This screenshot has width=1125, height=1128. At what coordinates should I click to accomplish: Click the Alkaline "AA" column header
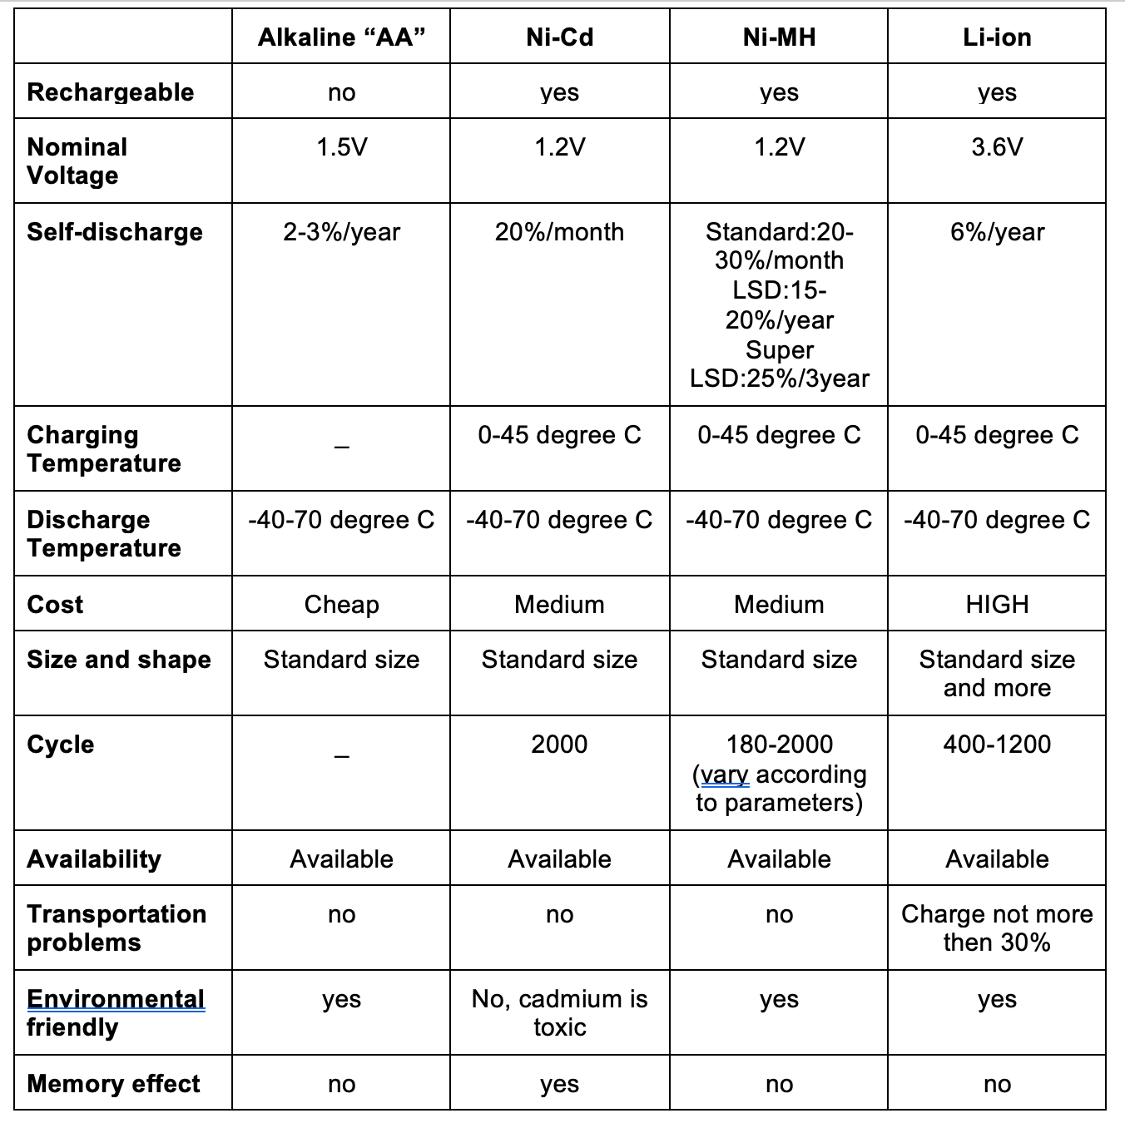pos(341,37)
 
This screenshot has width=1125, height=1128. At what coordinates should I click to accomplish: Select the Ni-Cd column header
pos(559,37)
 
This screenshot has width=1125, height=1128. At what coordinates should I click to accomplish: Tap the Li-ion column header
pos(997,37)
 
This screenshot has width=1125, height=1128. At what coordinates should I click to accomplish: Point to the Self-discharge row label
pos(115,232)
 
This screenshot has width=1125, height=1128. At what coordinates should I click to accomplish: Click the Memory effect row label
pos(113,1084)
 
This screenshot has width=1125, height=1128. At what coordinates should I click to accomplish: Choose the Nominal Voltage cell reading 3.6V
pos(997,147)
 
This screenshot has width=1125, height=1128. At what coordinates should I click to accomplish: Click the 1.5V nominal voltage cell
pos(341,147)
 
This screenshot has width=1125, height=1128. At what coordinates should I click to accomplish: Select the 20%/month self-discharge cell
pos(559,232)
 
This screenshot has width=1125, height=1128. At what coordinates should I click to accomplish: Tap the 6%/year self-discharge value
pos(997,232)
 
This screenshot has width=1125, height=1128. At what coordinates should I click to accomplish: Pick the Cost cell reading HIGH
pos(997,605)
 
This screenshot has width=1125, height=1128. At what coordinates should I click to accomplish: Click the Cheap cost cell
pos(341,605)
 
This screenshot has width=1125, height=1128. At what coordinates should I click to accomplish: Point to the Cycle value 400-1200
pos(997,745)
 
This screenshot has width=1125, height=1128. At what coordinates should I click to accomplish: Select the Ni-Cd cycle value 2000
pos(559,745)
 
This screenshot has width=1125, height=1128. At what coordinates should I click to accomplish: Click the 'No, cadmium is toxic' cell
pos(559,1012)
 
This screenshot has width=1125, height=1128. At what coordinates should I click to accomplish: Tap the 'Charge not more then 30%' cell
pos(997,928)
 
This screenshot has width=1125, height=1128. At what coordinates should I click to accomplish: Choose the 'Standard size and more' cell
pos(997,673)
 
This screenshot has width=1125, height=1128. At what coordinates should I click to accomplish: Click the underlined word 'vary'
pos(724,774)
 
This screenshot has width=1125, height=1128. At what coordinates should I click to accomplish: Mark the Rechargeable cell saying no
pos(341,92)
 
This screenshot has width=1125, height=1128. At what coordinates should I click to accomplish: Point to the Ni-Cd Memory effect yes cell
pos(559,1084)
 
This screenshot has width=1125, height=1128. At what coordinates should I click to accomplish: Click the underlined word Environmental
pos(115,998)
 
